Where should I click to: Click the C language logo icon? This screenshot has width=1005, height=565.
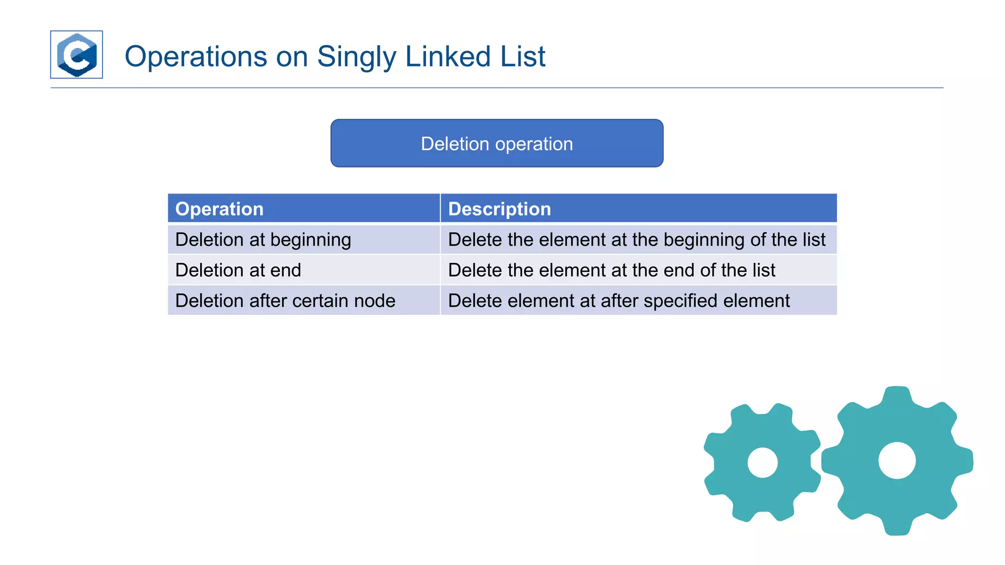[x=77, y=54]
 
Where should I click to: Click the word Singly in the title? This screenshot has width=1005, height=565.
[x=356, y=57]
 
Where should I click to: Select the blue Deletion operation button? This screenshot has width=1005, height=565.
[x=497, y=143]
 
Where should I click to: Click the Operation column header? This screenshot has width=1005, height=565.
[x=219, y=209]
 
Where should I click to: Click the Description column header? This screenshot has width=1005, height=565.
[x=499, y=209]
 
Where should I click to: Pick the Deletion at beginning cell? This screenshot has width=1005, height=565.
[x=263, y=240]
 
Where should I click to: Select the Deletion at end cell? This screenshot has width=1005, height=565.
[x=238, y=270]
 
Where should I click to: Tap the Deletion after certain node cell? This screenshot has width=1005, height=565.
[x=285, y=301]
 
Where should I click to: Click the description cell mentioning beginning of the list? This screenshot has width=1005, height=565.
[x=636, y=240]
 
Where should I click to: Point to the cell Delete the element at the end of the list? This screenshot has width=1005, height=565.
[x=611, y=270]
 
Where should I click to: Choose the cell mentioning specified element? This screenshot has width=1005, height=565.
[x=619, y=301]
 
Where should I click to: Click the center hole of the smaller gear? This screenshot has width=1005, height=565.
[x=762, y=462]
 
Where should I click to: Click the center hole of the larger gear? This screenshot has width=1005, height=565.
[x=897, y=461]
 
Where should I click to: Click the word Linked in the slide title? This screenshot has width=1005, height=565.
[x=448, y=57]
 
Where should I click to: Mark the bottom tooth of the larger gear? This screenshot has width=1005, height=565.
[x=897, y=526]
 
